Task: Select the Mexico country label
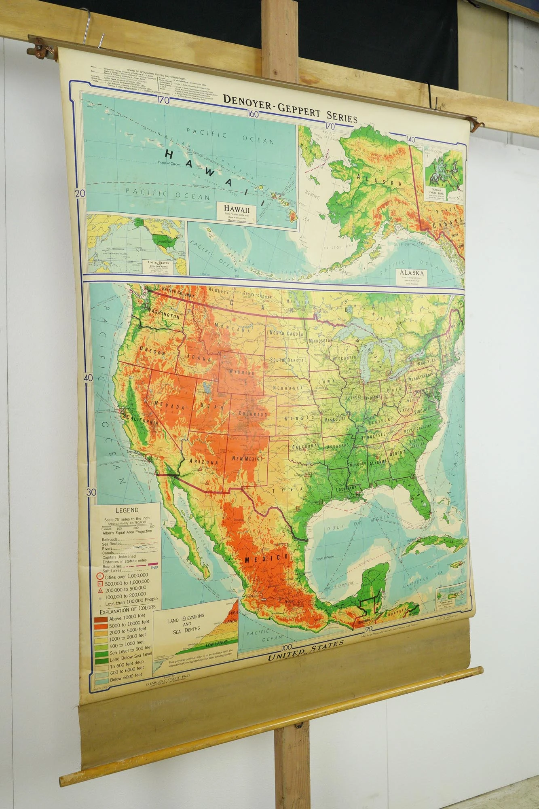(266, 559)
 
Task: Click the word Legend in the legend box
(127, 510)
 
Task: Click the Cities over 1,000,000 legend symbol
(98, 576)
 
